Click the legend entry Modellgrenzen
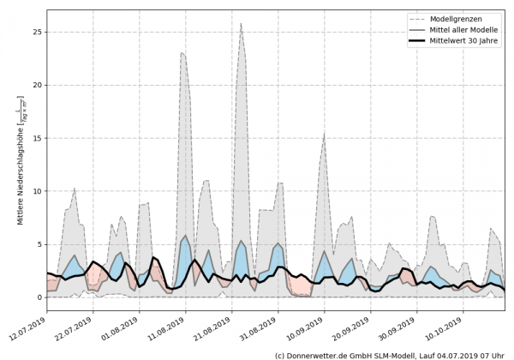click(x=453, y=17)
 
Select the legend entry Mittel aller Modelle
click(x=459, y=28)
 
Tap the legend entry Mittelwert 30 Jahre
click(x=460, y=39)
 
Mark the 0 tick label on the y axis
click(x=39, y=297)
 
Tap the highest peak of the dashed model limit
click(x=242, y=24)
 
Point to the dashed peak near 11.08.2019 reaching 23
click(x=182, y=53)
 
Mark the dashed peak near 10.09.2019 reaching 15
click(x=324, y=135)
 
